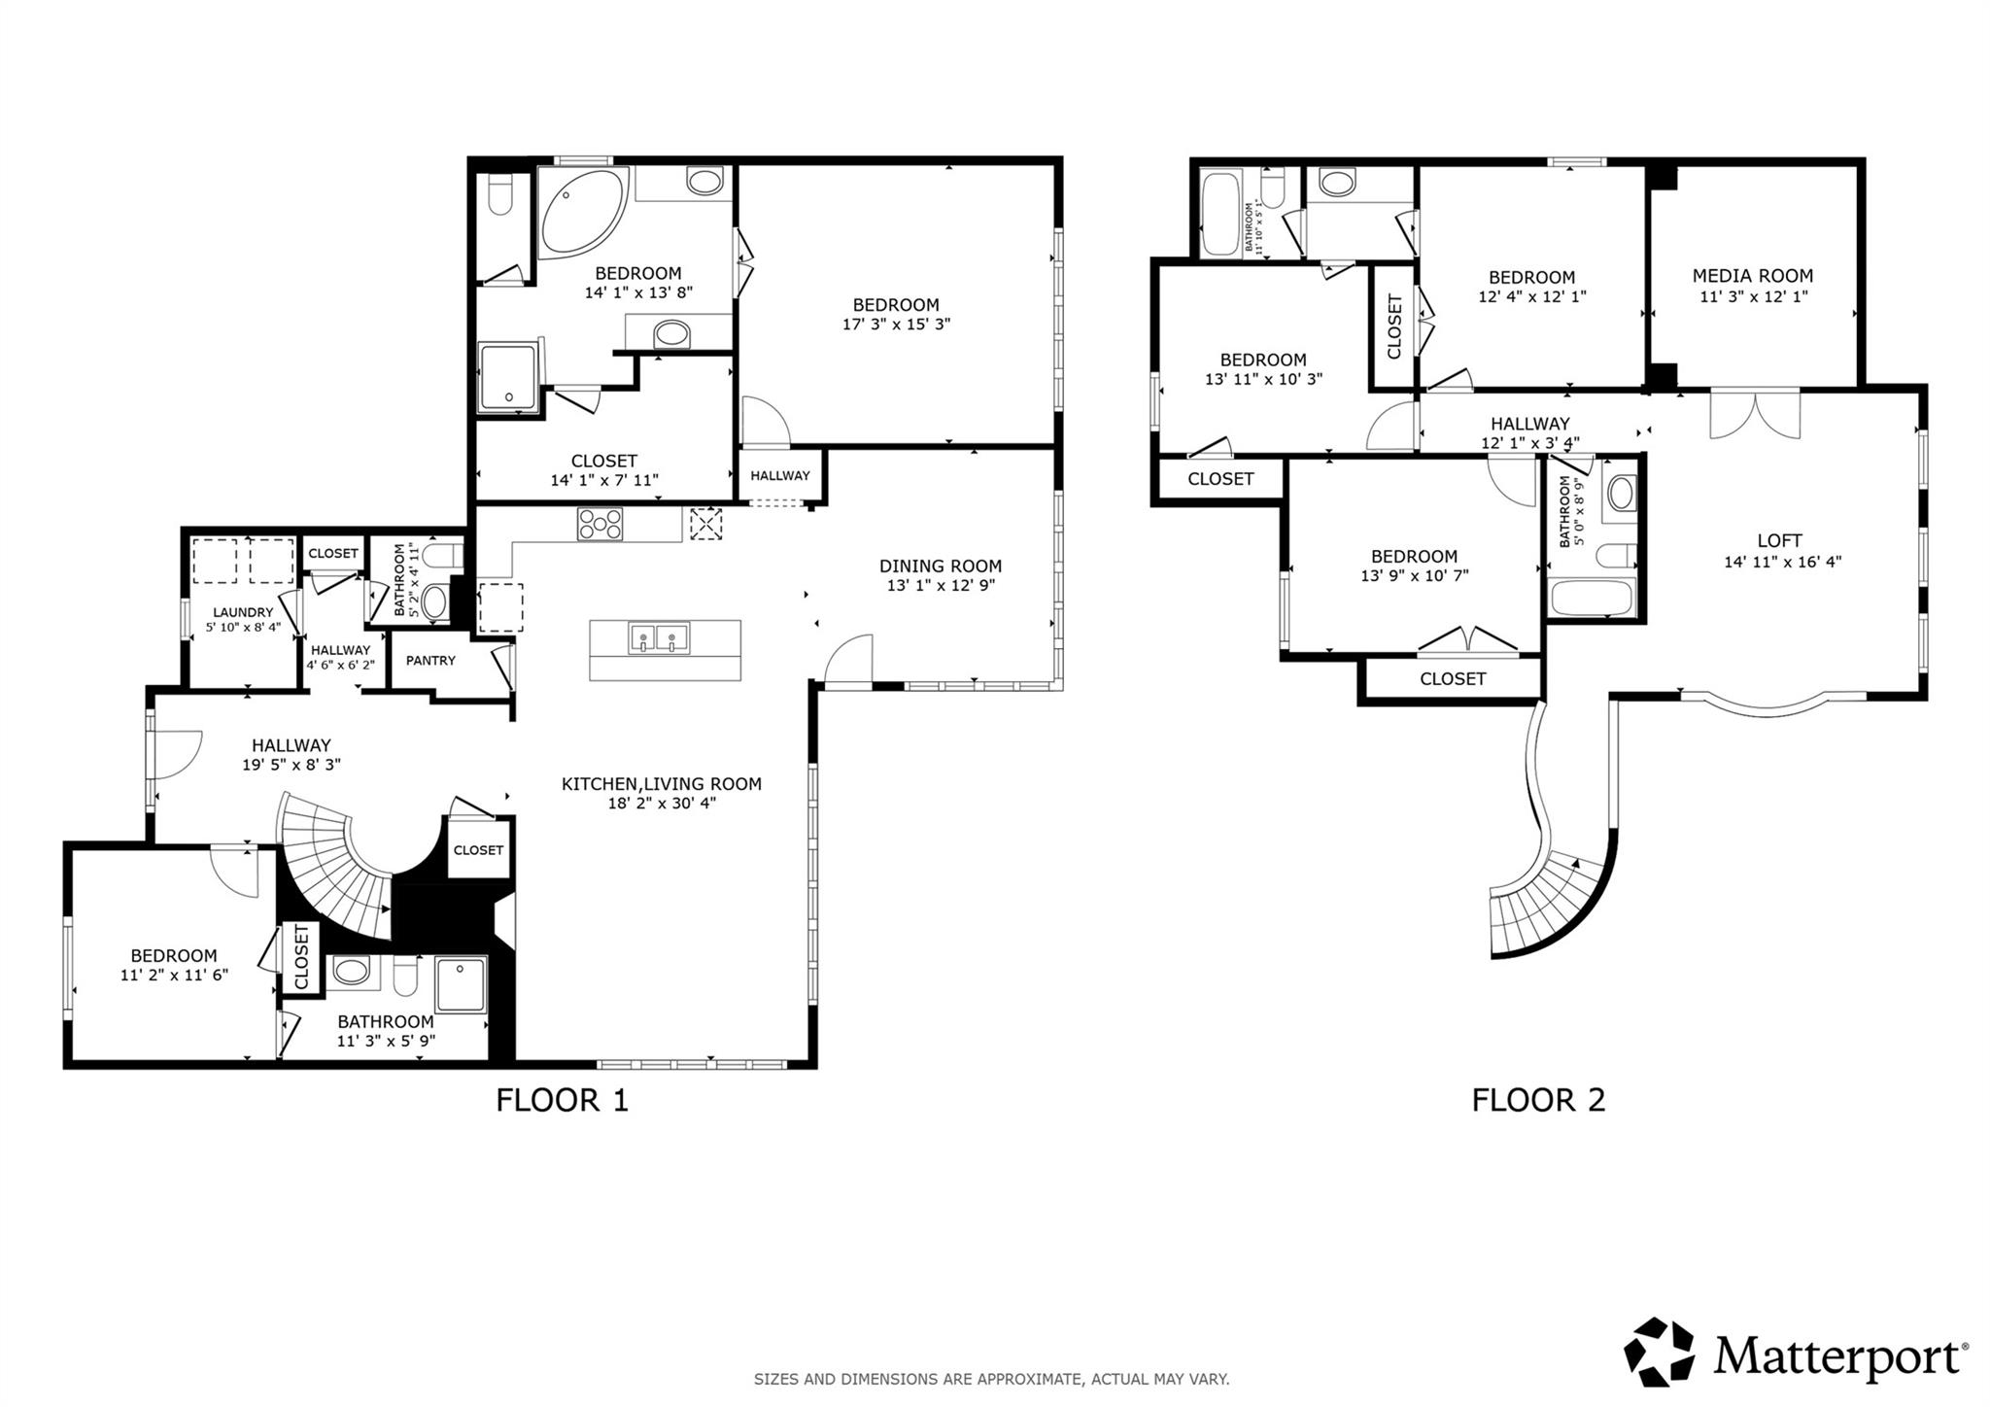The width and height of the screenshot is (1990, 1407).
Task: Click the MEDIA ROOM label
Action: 1752,276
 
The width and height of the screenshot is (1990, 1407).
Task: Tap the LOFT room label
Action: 1779,540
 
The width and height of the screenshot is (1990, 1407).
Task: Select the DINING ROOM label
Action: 940,566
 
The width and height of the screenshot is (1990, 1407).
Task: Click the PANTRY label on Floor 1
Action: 430,661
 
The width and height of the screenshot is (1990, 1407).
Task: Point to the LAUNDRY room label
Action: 243,612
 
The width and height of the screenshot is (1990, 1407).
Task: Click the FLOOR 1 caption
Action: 562,1100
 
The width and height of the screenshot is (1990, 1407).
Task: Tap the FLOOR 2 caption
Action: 1537,1100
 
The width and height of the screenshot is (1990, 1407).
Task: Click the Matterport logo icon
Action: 1659,1352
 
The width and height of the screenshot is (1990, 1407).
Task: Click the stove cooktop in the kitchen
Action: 600,525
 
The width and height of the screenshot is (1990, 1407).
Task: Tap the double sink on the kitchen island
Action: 658,638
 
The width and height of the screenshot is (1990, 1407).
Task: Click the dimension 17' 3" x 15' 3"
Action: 895,325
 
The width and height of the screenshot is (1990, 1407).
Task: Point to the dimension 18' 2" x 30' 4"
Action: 661,804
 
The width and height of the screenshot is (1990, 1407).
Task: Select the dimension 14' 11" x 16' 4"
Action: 1782,562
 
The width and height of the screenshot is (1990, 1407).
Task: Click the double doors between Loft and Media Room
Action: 1755,413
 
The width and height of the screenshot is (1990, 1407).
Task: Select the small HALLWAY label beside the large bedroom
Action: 779,475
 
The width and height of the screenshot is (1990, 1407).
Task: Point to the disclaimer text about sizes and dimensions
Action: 991,1379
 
